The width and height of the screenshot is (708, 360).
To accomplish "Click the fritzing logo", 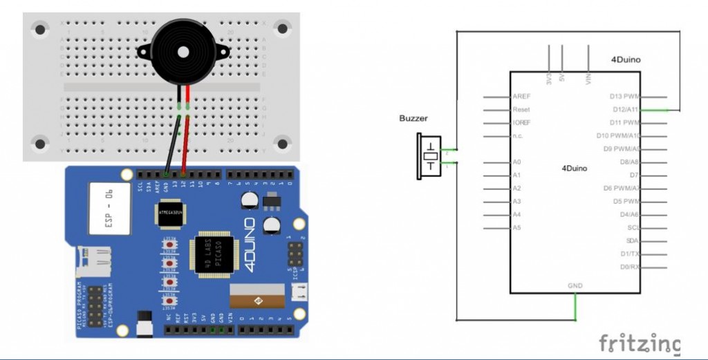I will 639,343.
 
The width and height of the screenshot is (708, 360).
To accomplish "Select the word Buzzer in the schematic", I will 413,118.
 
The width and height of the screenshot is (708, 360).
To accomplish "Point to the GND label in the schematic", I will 575,285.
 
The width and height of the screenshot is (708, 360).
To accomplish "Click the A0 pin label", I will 517,162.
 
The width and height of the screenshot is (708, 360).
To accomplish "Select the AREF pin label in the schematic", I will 521,96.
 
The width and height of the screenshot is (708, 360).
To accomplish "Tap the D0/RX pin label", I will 628,267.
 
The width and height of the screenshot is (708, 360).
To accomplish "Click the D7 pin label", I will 634,175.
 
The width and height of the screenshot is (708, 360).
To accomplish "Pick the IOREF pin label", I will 523,122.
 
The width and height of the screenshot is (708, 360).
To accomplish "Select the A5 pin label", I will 517,227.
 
